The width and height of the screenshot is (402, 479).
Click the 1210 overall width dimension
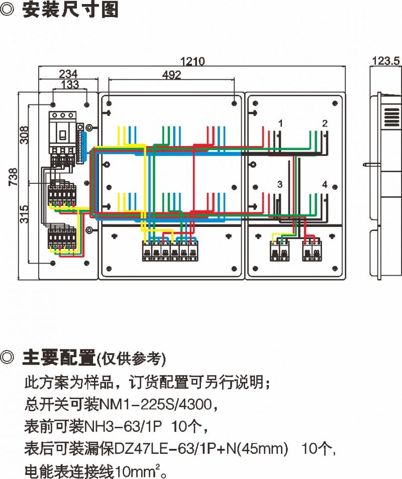(x=193, y=62)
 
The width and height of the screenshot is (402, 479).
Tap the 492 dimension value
(x=172, y=75)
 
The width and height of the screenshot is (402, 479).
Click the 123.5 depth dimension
(x=385, y=61)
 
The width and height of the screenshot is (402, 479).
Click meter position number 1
(x=280, y=123)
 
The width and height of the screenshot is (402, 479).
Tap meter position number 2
(x=325, y=123)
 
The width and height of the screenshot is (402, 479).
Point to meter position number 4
(x=325, y=185)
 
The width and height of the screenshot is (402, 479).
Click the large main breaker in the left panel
(x=62, y=132)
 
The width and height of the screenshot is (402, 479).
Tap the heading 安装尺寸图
(x=70, y=11)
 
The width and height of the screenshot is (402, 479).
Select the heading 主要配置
(x=59, y=358)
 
